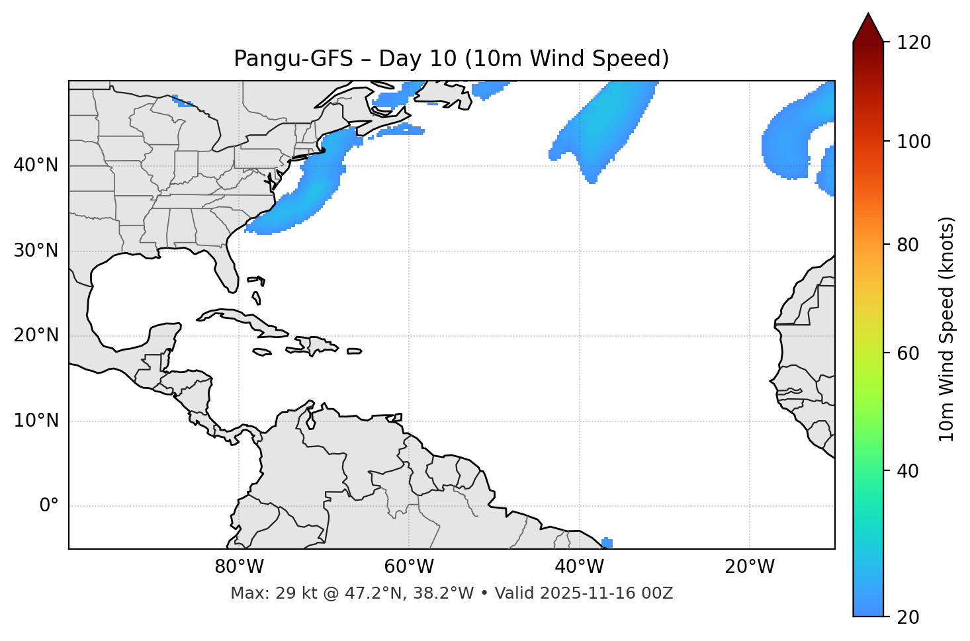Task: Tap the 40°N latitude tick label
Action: pyautogui.click(x=36, y=165)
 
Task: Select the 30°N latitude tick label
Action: pyautogui.click(x=36, y=251)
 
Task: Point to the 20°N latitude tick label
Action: pyautogui.click(x=36, y=335)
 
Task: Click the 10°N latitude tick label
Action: pyautogui.click(x=36, y=421)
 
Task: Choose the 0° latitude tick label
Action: pyautogui.click(x=48, y=506)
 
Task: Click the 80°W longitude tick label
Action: pyautogui.click(x=239, y=567)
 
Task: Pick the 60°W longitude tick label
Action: pyautogui.click(x=409, y=567)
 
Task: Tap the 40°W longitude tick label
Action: pyautogui.click(x=579, y=567)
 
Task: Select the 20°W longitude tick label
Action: pyautogui.click(x=749, y=567)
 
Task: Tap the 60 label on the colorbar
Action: pyautogui.click(x=907, y=353)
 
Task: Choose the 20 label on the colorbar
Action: pyautogui.click(x=907, y=617)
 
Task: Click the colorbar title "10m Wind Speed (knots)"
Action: pyautogui.click(x=947, y=329)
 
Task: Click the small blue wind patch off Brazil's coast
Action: pyautogui.click(x=607, y=542)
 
